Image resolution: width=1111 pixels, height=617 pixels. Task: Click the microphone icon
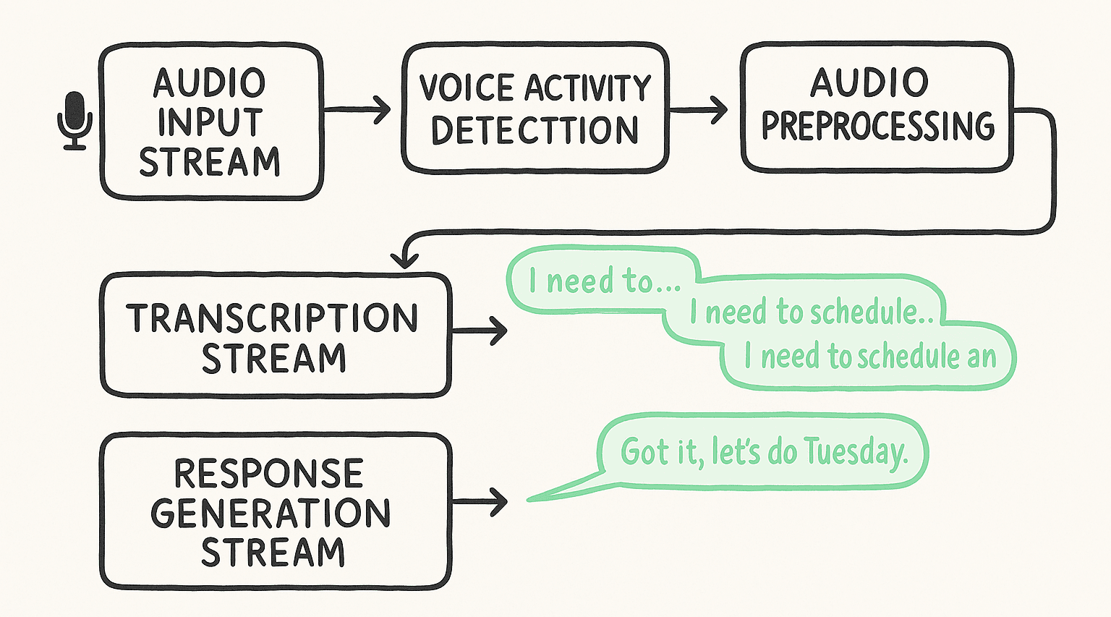(x=75, y=120)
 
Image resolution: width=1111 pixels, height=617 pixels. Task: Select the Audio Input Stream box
(x=210, y=122)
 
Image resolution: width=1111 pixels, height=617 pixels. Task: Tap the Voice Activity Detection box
(x=535, y=108)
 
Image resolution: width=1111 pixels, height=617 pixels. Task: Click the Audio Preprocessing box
(x=877, y=107)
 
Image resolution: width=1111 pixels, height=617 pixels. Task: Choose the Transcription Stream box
(x=275, y=336)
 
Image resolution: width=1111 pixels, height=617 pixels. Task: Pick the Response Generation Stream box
(x=275, y=511)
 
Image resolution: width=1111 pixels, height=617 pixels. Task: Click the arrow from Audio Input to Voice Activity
(x=357, y=110)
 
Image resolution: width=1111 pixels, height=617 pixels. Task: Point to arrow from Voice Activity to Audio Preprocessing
(x=699, y=110)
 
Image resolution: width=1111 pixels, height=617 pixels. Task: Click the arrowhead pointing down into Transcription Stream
(x=404, y=258)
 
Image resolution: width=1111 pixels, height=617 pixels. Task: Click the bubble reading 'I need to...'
(x=604, y=281)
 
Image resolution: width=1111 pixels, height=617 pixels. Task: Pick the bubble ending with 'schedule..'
(x=810, y=312)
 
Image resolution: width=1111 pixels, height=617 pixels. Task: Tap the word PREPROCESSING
(x=877, y=127)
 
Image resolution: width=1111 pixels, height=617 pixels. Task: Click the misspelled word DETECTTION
(x=535, y=130)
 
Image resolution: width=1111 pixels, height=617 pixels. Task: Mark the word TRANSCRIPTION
(x=273, y=318)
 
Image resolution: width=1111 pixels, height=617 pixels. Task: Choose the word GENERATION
(x=271, y=513)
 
